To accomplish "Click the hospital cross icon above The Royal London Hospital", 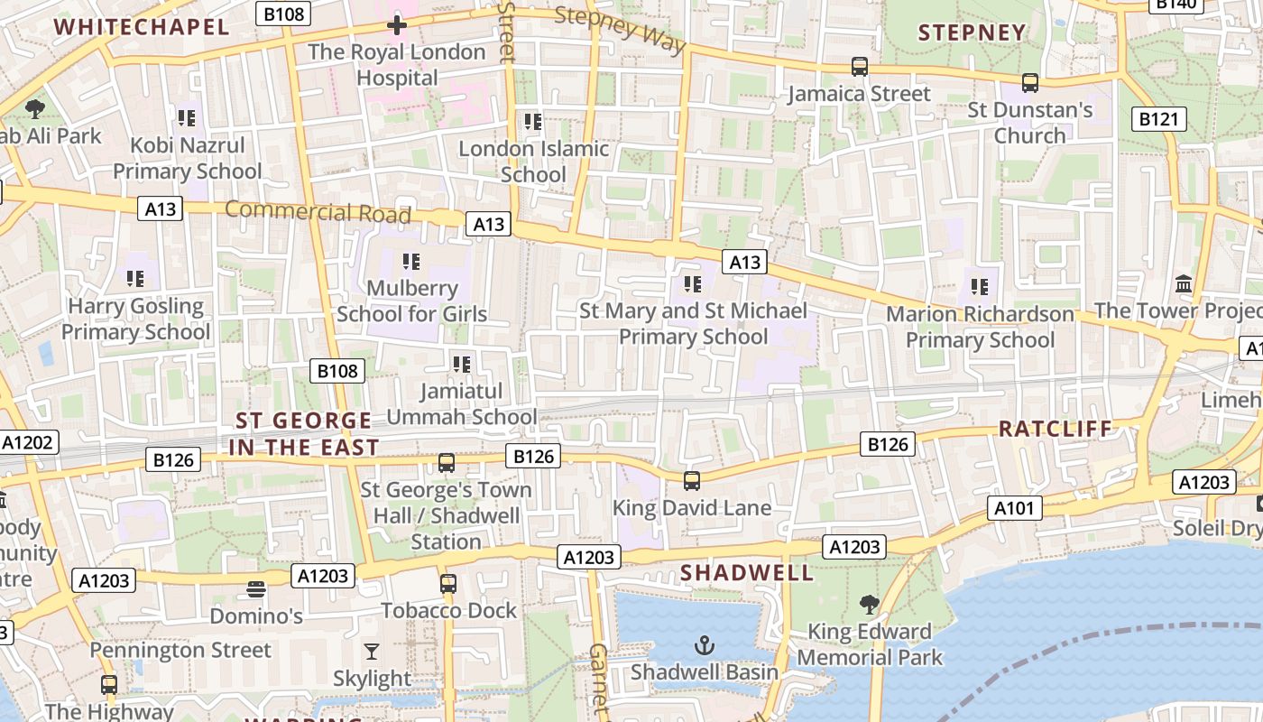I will (x=396, y=25).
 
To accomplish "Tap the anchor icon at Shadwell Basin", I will (x=704, y=644).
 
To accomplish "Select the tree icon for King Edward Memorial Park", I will (x=870, y=604).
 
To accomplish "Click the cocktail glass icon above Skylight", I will (x=372, y=651).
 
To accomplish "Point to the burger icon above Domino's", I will (x=256, y=589).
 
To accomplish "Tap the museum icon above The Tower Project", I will (x=1184, y=284).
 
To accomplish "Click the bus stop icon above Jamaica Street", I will (x=860, y=67).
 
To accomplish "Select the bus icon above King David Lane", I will (x=692, y=480).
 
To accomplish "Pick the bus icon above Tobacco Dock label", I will (x=448, y=583).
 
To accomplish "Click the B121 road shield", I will (x=1158, y=118).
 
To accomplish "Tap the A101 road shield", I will (x=1014, y=508).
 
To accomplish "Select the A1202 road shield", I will (x=29, y=442).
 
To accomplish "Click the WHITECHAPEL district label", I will (x=142, y=26).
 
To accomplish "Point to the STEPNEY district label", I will (x=972, y=33).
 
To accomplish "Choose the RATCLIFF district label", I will (x=1056, y=429).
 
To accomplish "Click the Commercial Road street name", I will (x=318, y=212).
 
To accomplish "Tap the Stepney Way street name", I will (x=620, y=29).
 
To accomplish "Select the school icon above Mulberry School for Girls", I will (x=411, y=262).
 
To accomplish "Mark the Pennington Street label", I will (x=180, y=650).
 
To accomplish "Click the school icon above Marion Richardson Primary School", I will (x=980, y=287).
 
